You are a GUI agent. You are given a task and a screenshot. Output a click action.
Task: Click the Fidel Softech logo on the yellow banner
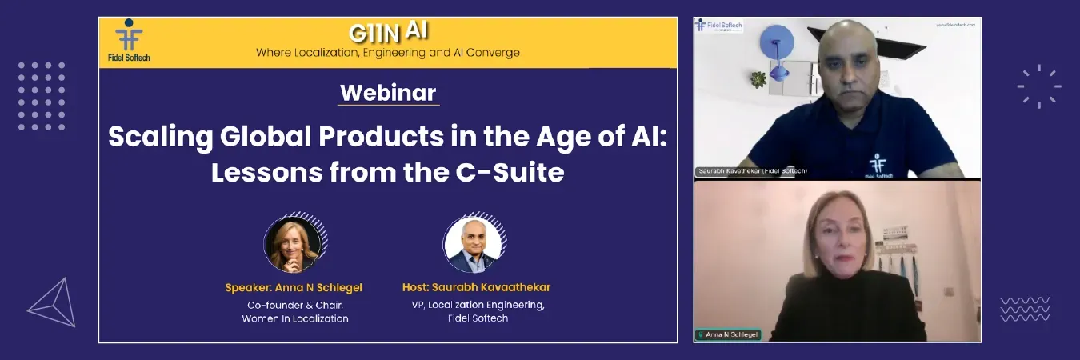[x=128, y=40]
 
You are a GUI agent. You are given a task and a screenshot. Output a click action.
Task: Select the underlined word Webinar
[x=388, y=92]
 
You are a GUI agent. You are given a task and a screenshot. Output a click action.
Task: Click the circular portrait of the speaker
[x=293, y=243]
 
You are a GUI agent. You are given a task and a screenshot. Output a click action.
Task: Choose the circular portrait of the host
[x=473, y=243]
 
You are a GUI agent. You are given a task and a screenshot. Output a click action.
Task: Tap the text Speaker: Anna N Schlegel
[x=294, y=287]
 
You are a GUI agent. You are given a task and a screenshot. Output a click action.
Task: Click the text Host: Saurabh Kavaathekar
[x=476, y=287]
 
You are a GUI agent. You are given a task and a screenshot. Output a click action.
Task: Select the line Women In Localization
[x=295, y=318]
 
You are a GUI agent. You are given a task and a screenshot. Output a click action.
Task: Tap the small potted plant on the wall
[x=758, y=78]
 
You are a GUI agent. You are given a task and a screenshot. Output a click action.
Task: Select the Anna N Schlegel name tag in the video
[x=728, y=334]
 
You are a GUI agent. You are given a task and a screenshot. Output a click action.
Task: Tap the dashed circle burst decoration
[x=1039, y=86]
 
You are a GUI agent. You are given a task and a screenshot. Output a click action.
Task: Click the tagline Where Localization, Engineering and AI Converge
[x=387, y=53]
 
